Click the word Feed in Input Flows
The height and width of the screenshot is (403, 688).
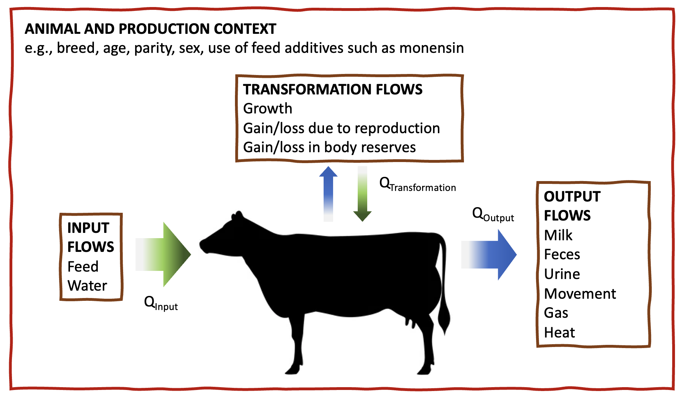(83, 267)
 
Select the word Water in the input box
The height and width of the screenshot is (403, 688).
(87, 286)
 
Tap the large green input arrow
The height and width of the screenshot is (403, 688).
(165, 254)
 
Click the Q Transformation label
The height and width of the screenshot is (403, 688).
(417, 185)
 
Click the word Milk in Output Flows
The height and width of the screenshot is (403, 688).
(558, 235)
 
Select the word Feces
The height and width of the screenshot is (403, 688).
(562, 254)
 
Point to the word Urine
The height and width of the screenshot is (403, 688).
(562, 274)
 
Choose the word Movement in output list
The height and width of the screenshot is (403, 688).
(580, 294)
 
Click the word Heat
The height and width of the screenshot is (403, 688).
(559, 333)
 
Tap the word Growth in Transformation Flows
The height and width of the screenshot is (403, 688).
(267, 108)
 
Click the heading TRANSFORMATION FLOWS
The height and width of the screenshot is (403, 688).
(332, 89)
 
